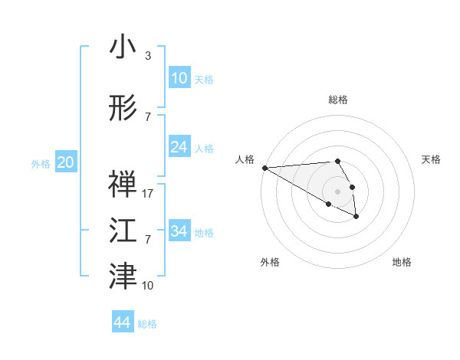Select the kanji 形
(123, 108)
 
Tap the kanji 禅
(123, 183)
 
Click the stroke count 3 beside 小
(147, 56)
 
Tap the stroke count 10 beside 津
(149, 286)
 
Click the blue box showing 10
(179, 78)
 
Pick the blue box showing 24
(179, 147)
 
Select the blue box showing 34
(179, 231)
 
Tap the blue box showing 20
(66, 162)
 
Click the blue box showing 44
(123, 322)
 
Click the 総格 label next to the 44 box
(147, 324)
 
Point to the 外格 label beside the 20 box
(41, 163)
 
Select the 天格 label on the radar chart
(432, 159)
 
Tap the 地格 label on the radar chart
(402, 262)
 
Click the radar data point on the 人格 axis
(264, 168)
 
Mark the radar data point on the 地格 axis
(356, 217)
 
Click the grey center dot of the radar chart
(337, 191)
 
